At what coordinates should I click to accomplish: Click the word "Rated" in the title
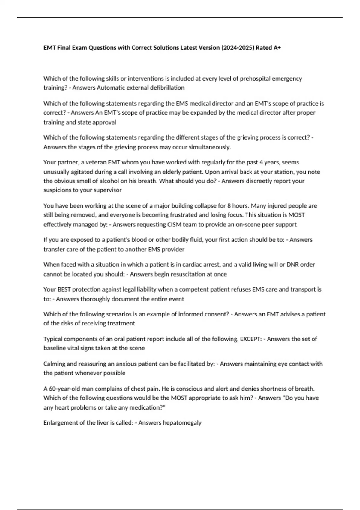[264, 48]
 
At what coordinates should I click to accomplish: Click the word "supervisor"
[108, 190]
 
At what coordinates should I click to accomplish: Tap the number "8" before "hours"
[229, 206]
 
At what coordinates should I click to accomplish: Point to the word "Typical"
[53, 339]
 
